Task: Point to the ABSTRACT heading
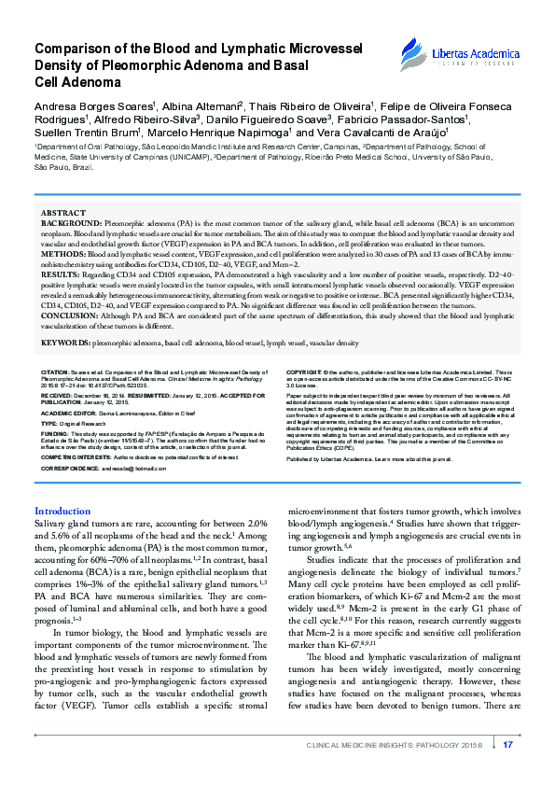[x=63, y=214]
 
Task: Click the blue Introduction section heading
[x=62, y=512]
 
